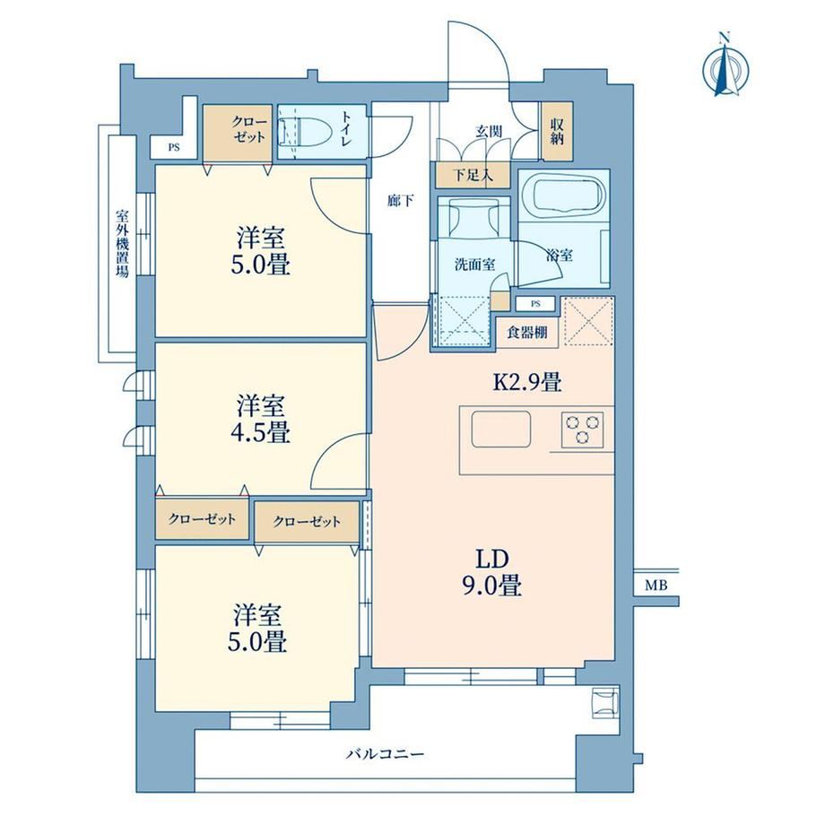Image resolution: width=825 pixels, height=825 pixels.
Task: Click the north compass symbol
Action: pyautogui.click(x=725, y=65)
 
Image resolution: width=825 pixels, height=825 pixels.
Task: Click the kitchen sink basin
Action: pyautogui.click(x=501, y=429)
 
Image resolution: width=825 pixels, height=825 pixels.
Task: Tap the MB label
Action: pyautogui.click(x=656, y=585)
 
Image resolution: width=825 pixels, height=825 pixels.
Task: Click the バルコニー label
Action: pyautogui.click(x=385, y=754)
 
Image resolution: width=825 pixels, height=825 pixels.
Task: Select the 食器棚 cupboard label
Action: pyautogui.click(x=526, y=332)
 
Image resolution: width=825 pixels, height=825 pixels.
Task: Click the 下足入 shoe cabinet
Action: pyautogui.click(x=473, y=175)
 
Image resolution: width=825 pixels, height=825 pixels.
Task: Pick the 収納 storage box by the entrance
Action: pyautogui.click(x=558, y=132)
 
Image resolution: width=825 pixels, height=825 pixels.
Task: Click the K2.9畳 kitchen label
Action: pyautogui.click(x=527, y=382)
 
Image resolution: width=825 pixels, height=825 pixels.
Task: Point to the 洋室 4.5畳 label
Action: pyautogui.click(x=260, y=420)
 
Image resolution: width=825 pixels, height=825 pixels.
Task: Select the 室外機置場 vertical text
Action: pyautogui.click(x=123, y=244)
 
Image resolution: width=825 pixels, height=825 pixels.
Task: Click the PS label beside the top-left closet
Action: pyautogui.click(x=174, y=148)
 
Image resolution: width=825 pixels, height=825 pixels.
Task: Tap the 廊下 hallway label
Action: pyautogui.click(x=401, y=201)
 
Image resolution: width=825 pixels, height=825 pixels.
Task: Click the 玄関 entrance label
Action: pyautogui.click(x=489, y=132)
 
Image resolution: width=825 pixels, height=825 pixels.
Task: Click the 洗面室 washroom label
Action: pyautogui.click(x=474, y=265)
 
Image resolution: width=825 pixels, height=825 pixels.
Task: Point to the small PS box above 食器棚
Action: pyautogui.click(x=535, y=304)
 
